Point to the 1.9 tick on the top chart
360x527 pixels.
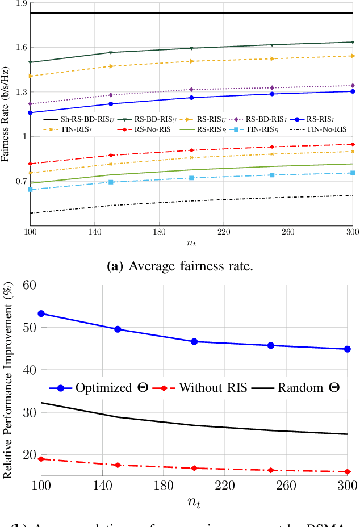pyautogui.click(x=21, y=4)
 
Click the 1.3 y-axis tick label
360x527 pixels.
pyautogui.click(x=21, y=92)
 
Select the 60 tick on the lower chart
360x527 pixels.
pyautogui.click(x=28, y=285)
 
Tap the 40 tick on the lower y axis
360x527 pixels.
pyautogui.click(x=28, y=370)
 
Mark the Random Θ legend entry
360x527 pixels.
pyautogui.click(x=309, y=388)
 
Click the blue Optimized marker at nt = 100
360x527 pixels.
pyautogui.click(x=41, y=313)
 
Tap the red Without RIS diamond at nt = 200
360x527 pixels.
pyautogui.click(x=194, y=468)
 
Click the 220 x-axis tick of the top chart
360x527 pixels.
pyautogui.click(x=223, y=232)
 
